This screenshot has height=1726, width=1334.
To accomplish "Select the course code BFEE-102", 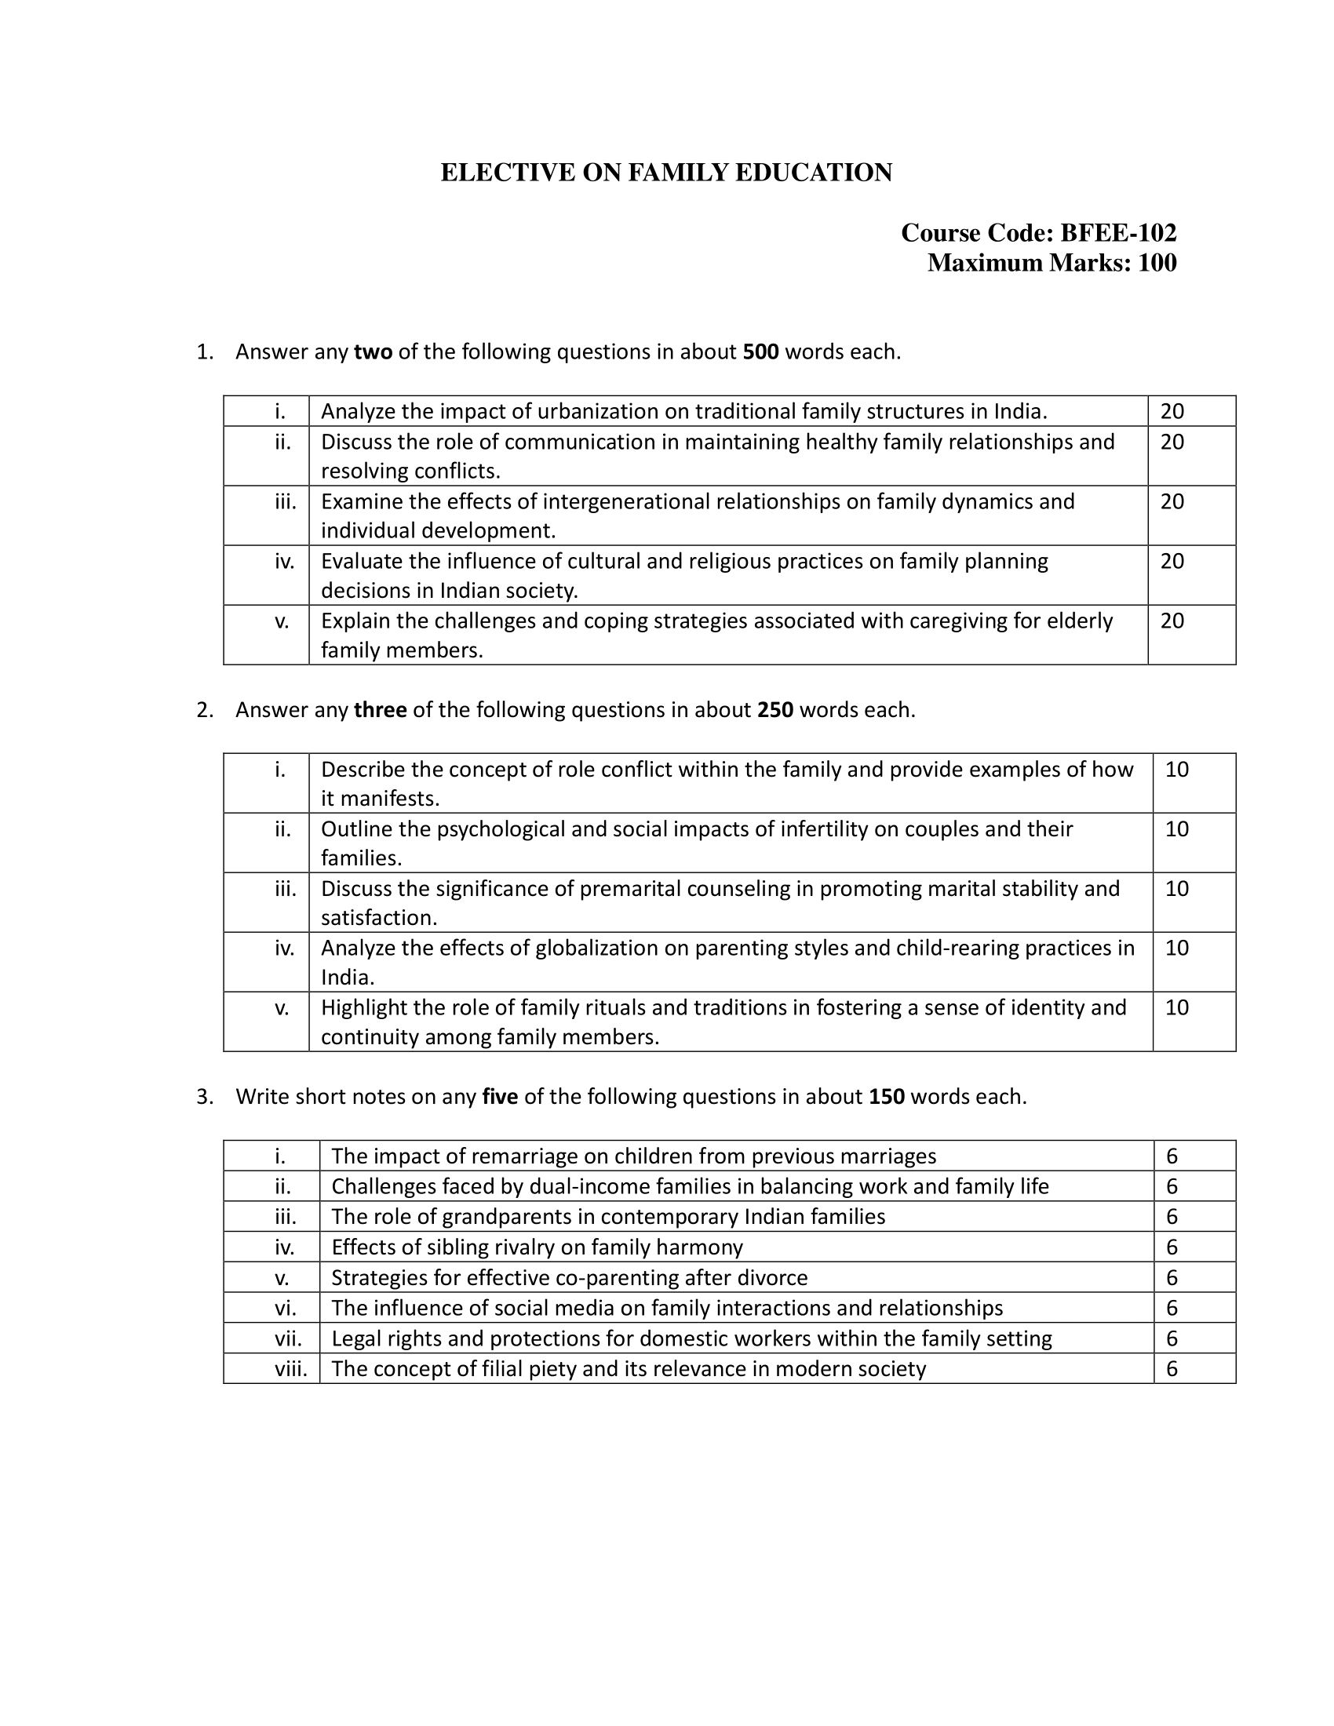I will pos(1117,232).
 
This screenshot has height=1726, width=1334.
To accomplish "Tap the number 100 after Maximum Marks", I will pos(1157,262).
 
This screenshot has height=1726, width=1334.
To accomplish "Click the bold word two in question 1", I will pos(373,351).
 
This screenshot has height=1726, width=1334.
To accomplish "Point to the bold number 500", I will pos(760,351).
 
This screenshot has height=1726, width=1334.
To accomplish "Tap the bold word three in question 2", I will pos(380,710).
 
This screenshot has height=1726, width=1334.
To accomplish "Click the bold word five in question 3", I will pos(499,1097).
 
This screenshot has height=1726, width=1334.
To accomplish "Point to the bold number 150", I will pos(886,1097).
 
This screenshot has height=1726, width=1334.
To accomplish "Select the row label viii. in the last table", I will pos(291,1369).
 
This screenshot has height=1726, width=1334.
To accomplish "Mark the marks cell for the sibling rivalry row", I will pos(1172,1247).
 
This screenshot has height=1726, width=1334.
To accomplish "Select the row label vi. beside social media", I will pos(286,1308).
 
